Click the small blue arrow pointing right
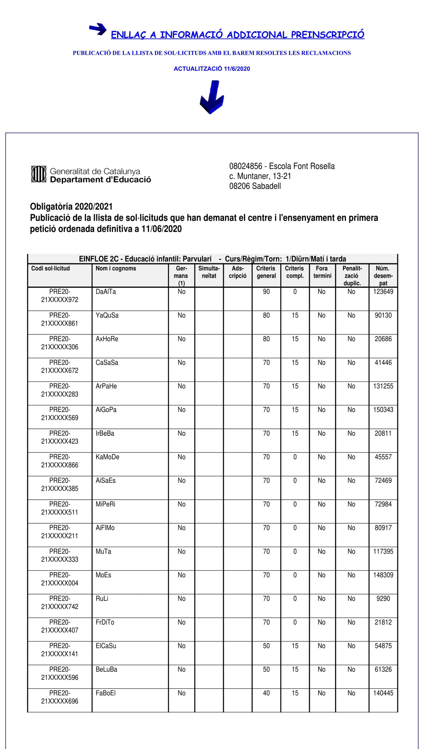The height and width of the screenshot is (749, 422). [x=98, y=29]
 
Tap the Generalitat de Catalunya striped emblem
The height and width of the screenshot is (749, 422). [x=39, y=174]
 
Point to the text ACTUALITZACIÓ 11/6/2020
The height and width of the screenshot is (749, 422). [x=212, y=69]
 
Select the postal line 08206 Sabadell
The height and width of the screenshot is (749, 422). [x=255, y=186]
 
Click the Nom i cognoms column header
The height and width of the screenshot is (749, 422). [x=116, y=268]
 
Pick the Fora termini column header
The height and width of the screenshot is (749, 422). [x=322, y=272]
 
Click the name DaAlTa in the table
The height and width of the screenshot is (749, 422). [x=105, y=292]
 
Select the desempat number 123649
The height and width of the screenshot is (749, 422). [x=383, y=292]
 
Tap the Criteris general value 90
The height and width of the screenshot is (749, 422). [x=266, y=292]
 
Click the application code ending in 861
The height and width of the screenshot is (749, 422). [x=60, y=319]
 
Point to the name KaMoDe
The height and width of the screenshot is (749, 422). [x=107, y=457]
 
